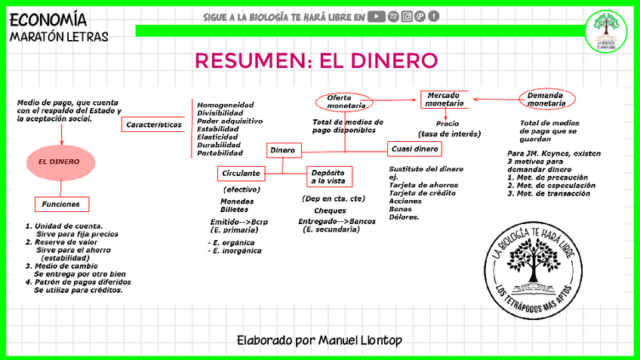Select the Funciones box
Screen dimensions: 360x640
62,204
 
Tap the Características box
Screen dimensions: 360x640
154,124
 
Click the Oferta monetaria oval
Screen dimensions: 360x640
345,102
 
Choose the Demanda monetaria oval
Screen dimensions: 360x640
547,98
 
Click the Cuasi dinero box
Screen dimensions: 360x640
415,149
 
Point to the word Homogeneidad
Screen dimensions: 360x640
225,105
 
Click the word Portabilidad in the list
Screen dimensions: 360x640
225,153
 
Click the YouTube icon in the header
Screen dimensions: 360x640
377,17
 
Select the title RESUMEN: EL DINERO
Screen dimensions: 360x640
316,60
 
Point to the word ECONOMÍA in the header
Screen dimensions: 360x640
49,20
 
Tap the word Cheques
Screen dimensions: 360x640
330,211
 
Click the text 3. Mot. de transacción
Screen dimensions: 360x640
549,194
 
